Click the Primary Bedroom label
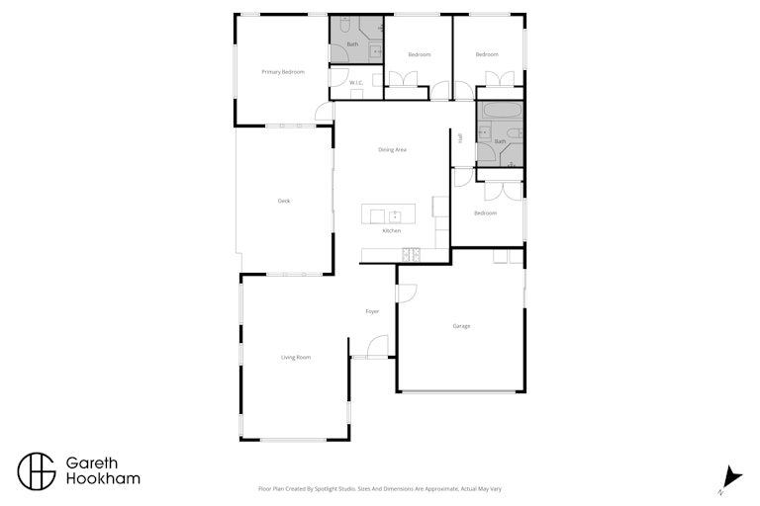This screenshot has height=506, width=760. [283, 72]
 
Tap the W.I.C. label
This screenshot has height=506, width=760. [356, 83]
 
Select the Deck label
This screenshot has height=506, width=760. [284, 201]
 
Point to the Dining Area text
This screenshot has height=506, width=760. [392, 150]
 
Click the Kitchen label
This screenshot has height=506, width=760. [392, 231]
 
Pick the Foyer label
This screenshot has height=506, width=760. [372, 312]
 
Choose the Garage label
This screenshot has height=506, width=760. [461, 326]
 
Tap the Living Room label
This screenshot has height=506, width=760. [296, 358]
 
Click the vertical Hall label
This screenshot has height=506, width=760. [460, 138]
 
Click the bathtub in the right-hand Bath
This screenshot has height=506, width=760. [502, 111]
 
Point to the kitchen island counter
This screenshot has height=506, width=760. [388, 214]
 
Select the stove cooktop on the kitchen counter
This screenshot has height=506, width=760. [411, 255]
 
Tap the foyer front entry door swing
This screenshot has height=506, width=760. [378, 346]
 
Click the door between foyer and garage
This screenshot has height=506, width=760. [407, 294]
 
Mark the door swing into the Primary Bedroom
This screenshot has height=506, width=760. [325, 112]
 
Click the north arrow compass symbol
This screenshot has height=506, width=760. [731, 478]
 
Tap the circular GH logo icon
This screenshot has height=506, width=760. [37, 471]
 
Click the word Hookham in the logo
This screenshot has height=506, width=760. [103, 479]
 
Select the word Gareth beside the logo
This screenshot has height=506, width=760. [92, 463]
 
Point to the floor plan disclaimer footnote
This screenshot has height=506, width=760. [380, 489]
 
